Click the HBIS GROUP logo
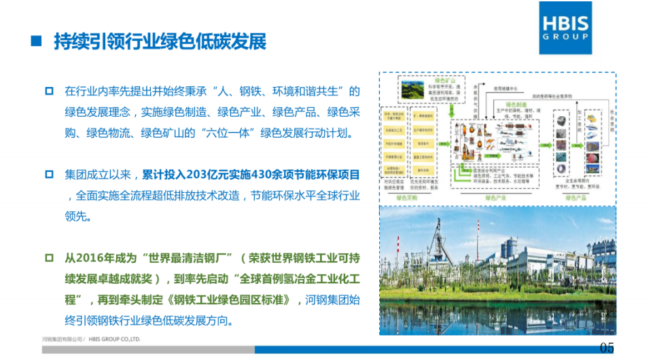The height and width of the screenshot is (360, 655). [564, 28]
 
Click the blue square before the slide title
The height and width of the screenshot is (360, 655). [37, 41]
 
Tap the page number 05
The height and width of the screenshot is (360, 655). [607, 348]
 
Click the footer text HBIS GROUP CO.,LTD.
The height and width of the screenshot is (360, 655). [114, 338]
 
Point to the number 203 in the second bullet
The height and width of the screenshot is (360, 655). [195, 175]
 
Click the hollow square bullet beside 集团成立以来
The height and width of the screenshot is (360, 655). [48, 175]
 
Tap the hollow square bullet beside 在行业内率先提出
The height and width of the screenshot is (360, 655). [48, 90]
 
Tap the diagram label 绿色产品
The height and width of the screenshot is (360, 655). [577, 198]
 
